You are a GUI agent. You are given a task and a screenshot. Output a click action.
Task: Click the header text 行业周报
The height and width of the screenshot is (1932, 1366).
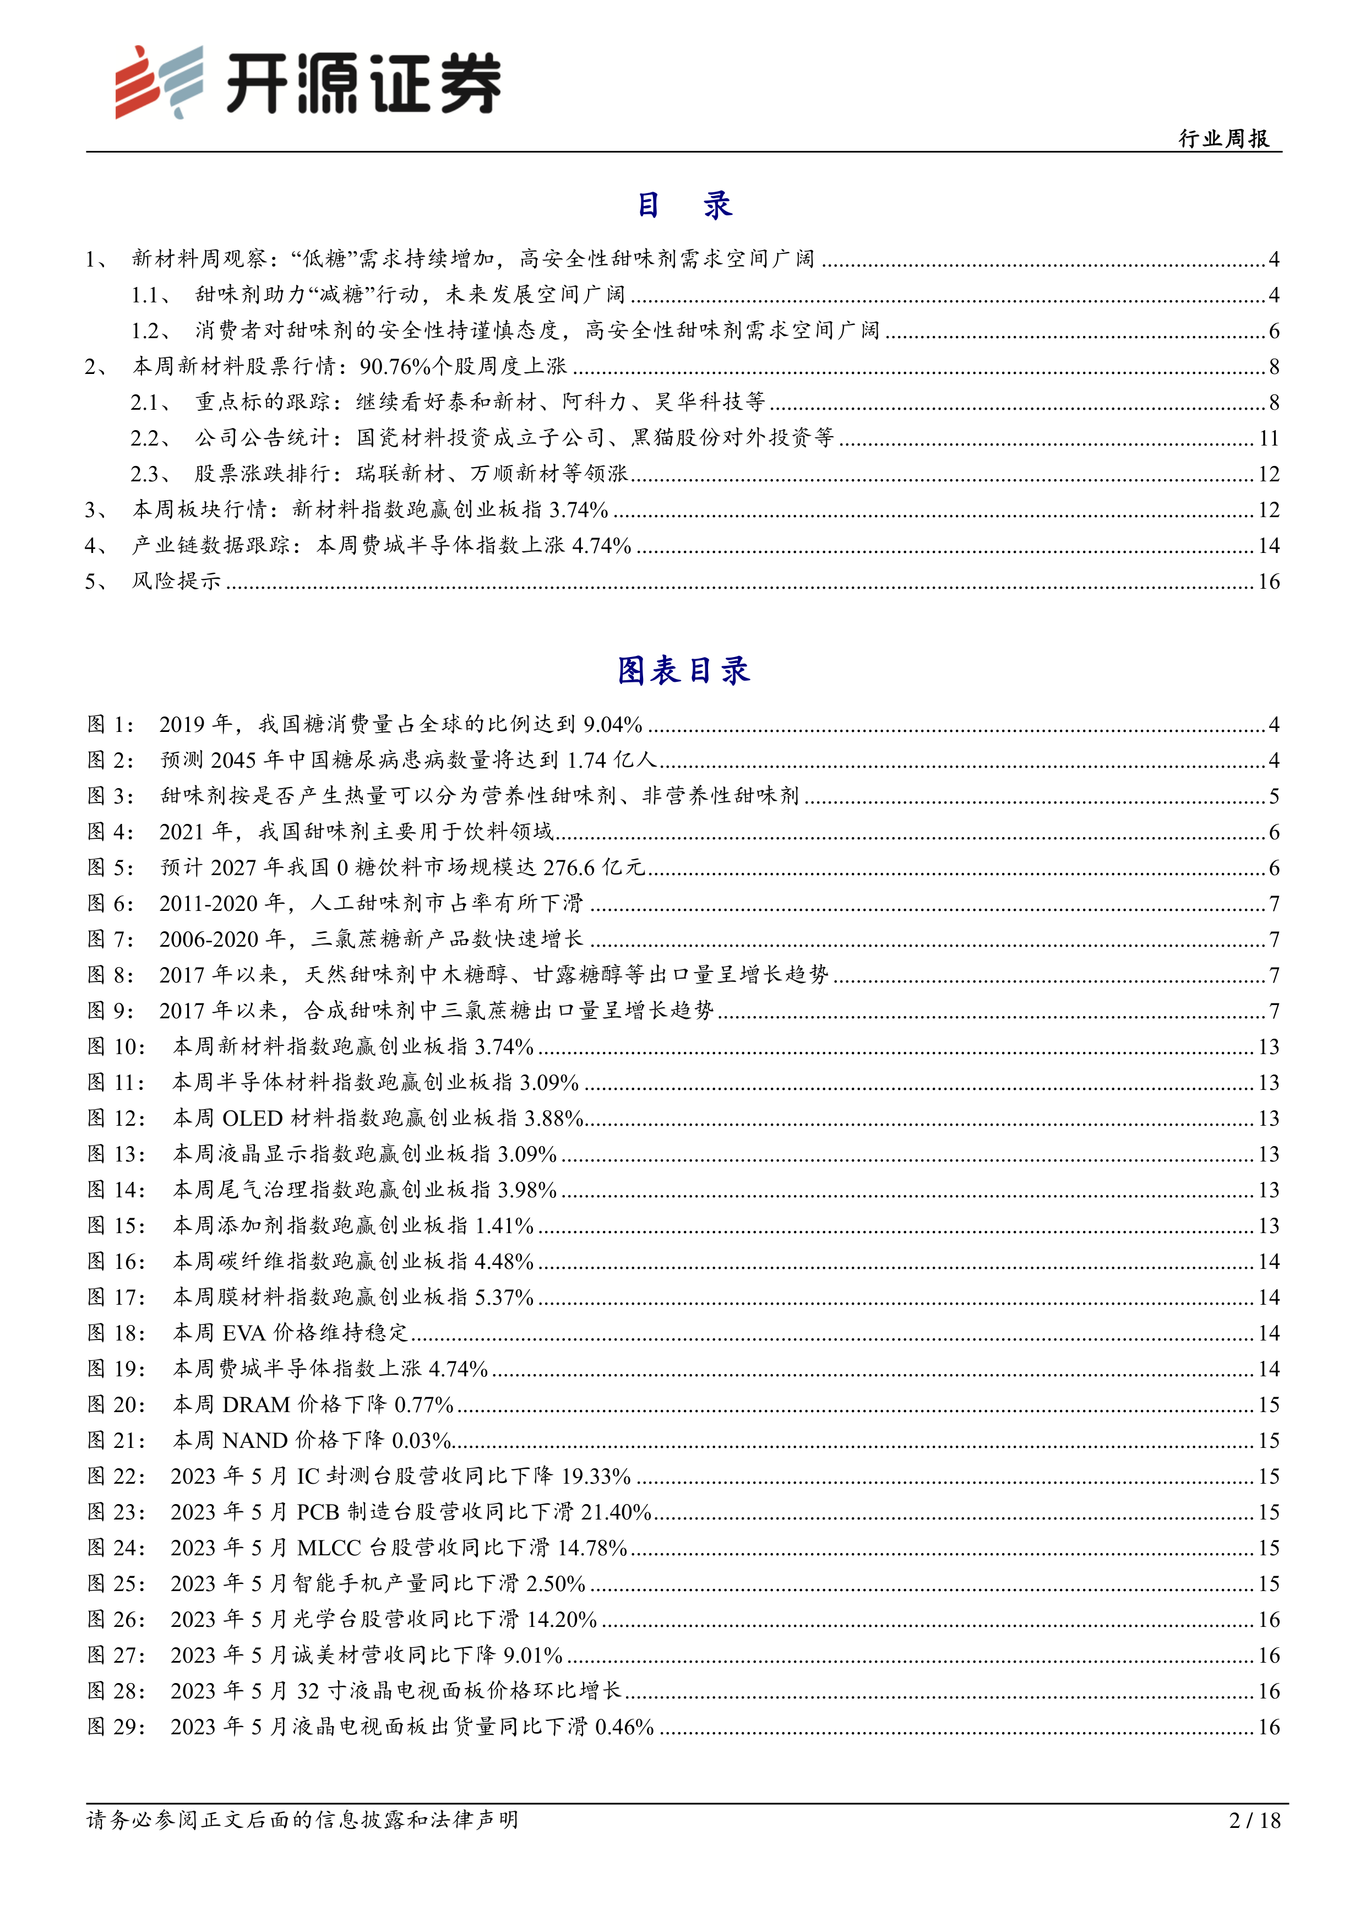click(x=1224, y=139)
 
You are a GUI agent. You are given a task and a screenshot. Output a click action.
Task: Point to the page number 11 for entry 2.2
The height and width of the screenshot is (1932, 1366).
click(x=1269, y=438)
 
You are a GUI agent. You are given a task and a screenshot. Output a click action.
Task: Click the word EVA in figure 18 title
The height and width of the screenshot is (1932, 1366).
click(x=244, y=1333)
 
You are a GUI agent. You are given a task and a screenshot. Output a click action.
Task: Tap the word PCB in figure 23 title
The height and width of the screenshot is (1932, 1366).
click(x=318, y=1512)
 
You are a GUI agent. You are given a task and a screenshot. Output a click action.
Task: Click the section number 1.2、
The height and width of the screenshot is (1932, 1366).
click(x=151, y=330)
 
